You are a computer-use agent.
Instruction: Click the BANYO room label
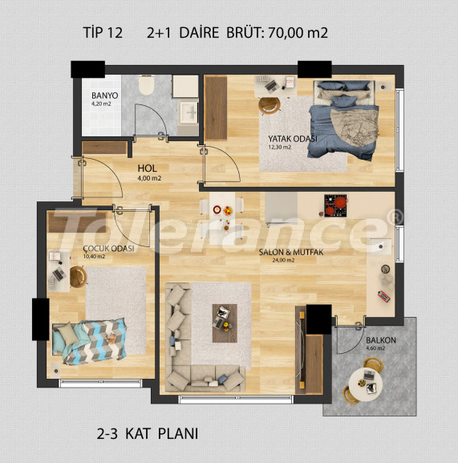tap(104, 95)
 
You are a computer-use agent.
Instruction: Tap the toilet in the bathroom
tap(147, 84)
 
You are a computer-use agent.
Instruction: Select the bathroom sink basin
tap(188, 112)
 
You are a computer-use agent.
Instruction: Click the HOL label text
tap(148, 169)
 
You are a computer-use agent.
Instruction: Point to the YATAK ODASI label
tap(293, 139)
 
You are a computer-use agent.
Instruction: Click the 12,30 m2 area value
tap(279, 147)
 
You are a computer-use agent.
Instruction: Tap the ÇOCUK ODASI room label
tap(108, 249)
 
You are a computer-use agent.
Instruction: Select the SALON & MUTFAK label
tap(291, 252)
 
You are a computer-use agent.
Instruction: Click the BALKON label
tap(381, 340)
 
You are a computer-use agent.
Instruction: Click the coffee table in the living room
tap(225, 323)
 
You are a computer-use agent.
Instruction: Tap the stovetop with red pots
tap(335, 205)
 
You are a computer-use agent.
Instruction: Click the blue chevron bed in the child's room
tap(89, 341)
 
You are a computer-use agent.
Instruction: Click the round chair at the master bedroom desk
tap(270, 105)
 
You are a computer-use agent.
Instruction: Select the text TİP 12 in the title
tap(103, 32)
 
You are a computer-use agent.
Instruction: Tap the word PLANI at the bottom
tap(178, 434)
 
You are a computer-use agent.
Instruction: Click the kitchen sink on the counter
tap(381, 246)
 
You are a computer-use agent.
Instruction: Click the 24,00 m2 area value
tap(283, 261)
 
